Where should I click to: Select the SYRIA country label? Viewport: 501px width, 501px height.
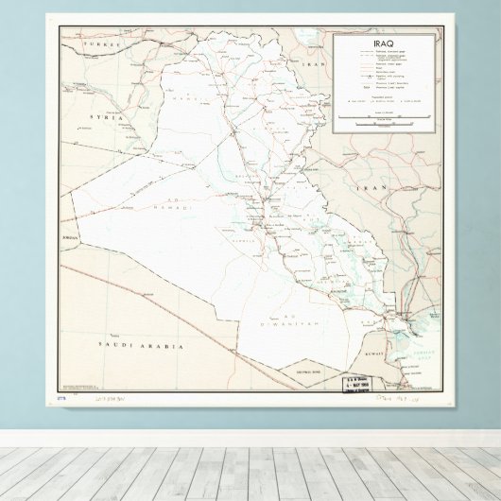coord(105,116)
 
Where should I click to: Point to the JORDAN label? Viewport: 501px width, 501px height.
coord(68,236)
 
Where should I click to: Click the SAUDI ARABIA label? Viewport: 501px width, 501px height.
coord(140,347)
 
